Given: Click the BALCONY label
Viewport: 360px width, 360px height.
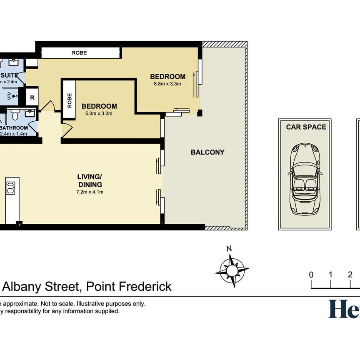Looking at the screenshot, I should point(207,152).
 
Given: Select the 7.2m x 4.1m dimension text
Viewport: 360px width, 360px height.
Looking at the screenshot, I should point(90,192).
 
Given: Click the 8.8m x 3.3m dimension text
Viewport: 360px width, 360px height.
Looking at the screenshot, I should point(167,84).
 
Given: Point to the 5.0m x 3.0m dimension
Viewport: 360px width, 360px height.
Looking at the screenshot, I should point(99,113).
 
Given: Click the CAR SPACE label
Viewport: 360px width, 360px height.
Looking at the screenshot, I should point(306,127).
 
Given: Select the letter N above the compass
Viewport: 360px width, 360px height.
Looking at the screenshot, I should point(229,249).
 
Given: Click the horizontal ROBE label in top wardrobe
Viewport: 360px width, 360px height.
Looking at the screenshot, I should point(80,53).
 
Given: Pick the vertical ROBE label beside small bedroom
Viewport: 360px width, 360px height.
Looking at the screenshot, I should point(69,100).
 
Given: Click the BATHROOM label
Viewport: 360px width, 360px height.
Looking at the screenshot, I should point(15,128).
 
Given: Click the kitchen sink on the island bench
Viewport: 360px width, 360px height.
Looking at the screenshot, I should point(10,187).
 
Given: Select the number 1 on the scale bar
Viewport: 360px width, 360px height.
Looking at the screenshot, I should point(330,275).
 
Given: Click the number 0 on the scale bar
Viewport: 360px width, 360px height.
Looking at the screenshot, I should point(311,275).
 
